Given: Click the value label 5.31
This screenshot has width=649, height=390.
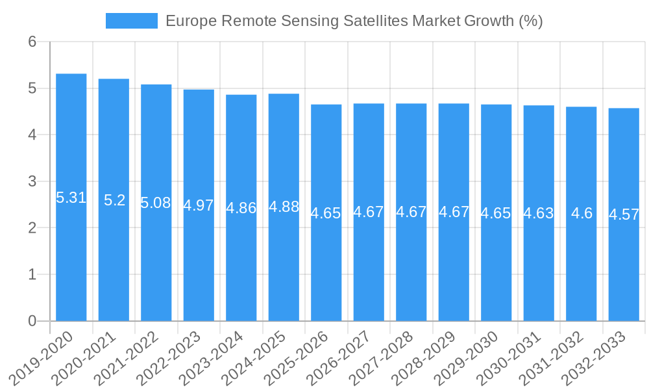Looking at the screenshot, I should click(71, 198).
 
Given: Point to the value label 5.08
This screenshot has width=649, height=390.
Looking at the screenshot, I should click(156, 203).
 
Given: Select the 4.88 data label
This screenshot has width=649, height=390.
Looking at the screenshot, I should click(284, 207).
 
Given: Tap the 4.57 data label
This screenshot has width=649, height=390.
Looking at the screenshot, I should click(624, 214).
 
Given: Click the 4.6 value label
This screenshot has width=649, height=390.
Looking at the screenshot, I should click(582, 213).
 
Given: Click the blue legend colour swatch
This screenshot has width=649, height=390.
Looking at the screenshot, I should click(132, 21).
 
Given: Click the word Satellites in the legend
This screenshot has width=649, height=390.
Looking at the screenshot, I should click(369, 21).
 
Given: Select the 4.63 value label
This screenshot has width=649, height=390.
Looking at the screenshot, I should click(539, 213).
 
